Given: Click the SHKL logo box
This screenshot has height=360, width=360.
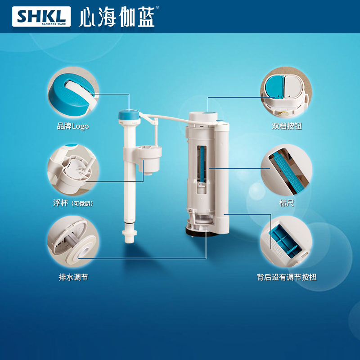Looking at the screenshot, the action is pos(41,17).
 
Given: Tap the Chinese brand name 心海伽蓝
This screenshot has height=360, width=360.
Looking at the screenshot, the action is pos(117,17).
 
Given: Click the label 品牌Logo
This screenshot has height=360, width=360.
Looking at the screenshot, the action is pos(73,126).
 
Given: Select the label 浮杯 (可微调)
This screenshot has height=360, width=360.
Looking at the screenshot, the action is pos(73,203).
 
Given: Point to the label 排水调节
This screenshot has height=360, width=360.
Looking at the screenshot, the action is pos(73,277).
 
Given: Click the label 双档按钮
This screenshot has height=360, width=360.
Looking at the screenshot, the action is pos(287,126).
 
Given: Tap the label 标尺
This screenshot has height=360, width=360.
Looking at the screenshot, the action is pos(286,203).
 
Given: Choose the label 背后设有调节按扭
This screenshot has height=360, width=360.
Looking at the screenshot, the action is pos(287,277).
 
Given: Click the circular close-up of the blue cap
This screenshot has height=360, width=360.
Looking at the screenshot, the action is pos(73,93).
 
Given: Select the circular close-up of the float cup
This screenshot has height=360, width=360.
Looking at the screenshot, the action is pos(73,170).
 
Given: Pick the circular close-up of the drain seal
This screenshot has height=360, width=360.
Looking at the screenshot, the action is pos(73,241).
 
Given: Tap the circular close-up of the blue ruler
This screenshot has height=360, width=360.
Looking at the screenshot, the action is pos(286,170).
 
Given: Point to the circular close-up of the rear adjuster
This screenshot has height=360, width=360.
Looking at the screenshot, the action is pos(286,241).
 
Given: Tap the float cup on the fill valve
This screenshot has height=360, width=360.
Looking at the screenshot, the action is pos(149,159).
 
